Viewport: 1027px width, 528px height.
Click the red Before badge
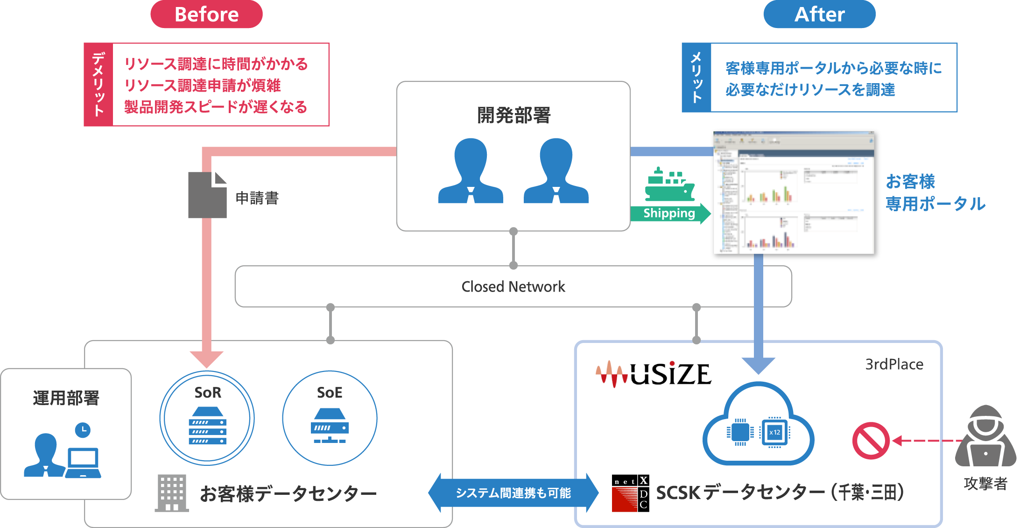(206, 14)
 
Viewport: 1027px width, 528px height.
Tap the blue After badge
(819, 14)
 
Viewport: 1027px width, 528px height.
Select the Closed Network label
(513, 286)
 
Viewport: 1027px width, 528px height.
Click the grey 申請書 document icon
(207, 195)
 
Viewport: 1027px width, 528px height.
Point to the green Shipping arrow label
(670, 214)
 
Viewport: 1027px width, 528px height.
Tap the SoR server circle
(207, 418)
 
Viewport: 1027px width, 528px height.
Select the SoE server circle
(330, 418)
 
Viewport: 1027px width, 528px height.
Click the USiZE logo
(654, 374)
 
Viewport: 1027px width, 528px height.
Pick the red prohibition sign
(871, 441)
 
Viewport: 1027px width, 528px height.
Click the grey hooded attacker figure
(985, 437)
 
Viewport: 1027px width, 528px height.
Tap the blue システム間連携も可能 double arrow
(513, 493)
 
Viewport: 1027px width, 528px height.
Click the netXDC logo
(630, 493)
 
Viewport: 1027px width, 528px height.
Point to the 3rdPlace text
(894, 364)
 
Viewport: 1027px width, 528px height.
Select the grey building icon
(172, 493)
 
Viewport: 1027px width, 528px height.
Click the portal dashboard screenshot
(794, 193)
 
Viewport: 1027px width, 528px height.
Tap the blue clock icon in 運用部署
(83, 430)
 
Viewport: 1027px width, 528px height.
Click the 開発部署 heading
(513, 115)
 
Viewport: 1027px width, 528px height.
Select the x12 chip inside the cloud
(774, 432)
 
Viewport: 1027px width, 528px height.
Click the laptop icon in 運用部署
(83, 463)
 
